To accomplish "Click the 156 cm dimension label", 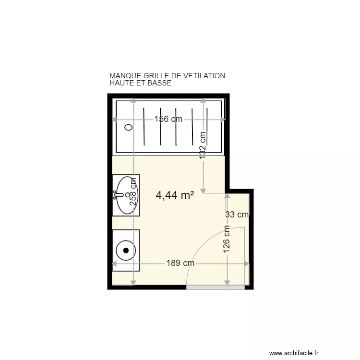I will [168, 120].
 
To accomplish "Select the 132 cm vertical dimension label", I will [203, 146].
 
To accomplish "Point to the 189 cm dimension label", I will [180, 263].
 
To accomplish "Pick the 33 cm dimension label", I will [237, 215].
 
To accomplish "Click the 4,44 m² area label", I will [175, 195].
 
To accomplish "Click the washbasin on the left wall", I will [126, 195].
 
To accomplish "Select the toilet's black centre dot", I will [126, 250].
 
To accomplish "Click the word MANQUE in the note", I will [125, 76].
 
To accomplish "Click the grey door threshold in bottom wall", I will [215, 287].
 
